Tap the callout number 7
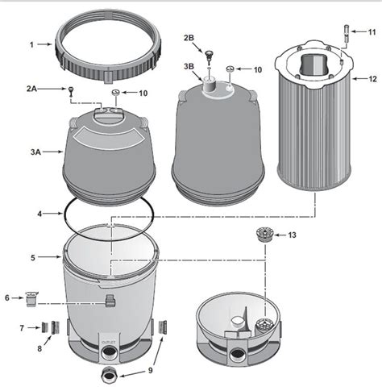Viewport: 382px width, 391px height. pos(22,327)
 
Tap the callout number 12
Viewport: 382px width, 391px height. pos(372,79)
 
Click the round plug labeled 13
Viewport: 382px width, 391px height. pos(260,235)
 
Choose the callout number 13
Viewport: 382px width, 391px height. pos(292,236)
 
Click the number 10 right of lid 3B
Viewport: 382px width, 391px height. pos(257,70)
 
